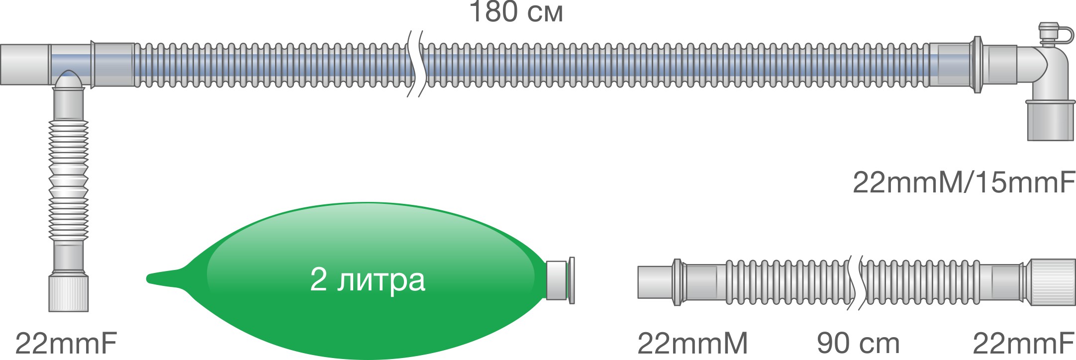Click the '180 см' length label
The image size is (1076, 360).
pyautogui.click(x=516, y=12)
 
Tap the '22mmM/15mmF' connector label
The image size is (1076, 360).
pyautogui.click(x=964, y=182)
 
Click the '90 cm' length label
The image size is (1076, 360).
pyautogui.click(x=858, y=343)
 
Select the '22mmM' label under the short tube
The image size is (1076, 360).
pyautogui.click(x=692, y=343)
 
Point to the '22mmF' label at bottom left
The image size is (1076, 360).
pyautogui.click(x=66, y=343)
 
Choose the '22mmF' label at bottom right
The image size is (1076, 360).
pyautogui.click(x=1023, y=343)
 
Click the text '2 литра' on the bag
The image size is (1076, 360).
pyautogui.click(x=367, y=279)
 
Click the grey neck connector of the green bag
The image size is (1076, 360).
pyautogui.click(x=557, y=280)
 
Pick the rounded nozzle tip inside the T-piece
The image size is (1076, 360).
pyautogui.click(x=68, y=80)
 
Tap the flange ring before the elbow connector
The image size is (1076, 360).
pyautogui.click(x=978, y=65)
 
